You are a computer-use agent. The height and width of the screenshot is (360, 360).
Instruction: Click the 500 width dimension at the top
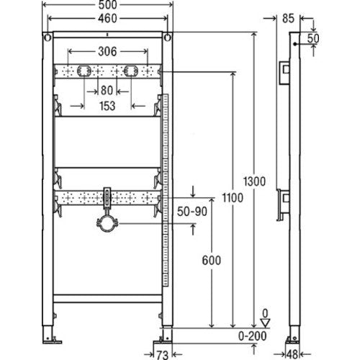pos(107,4)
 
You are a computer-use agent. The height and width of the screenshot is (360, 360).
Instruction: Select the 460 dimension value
pos(107,18)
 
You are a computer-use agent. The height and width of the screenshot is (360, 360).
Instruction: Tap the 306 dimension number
pos(107,51)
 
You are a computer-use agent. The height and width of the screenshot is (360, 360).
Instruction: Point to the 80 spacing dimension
pos(107,91)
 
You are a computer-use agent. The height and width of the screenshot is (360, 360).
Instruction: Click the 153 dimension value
pos(107,106)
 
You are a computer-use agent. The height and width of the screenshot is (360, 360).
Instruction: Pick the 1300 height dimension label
pos(254,181)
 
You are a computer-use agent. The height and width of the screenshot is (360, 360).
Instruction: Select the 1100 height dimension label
pos(233,198)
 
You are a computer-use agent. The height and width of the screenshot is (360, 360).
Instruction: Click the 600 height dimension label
pos(212,261)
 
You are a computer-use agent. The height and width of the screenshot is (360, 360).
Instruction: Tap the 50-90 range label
pos(192,212)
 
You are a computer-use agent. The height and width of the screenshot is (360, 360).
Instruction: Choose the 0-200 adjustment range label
pos(253,336)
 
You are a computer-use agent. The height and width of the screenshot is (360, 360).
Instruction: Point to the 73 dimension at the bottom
pos(162,355)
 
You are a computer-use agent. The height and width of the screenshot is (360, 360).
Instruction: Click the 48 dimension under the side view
pos(292,354)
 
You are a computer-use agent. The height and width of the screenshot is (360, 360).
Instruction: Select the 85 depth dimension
pos(288,19)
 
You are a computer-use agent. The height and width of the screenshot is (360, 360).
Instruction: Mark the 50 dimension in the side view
pos(313,38)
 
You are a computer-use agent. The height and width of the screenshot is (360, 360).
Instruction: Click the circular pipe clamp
pos(107,224)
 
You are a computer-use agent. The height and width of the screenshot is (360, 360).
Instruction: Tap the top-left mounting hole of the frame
pos(48,37)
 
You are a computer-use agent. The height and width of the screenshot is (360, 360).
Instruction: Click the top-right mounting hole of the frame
pos(168,37)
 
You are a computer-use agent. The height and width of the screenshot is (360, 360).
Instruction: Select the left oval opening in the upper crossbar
pos(84,71)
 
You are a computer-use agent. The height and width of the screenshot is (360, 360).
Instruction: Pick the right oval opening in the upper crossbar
pos(131,71)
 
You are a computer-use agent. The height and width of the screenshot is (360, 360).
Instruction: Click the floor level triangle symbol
pos(265,323)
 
